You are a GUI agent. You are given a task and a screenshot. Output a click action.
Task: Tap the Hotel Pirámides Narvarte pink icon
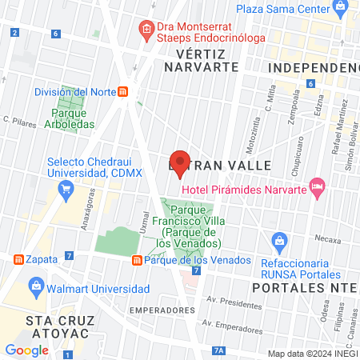(x=317, y=186)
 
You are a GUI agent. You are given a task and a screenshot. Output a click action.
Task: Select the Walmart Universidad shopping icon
(x=35, y=286)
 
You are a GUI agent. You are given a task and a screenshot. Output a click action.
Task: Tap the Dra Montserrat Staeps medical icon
(x=146, y=30)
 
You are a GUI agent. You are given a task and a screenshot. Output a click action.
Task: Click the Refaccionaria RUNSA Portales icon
(x=279, y=240)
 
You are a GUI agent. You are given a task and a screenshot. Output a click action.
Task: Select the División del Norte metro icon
(x=122, y=91)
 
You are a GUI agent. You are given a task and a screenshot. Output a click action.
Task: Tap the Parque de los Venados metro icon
(x=137, y=260)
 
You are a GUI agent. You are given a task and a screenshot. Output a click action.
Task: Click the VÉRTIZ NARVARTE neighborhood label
(x=202, y=60)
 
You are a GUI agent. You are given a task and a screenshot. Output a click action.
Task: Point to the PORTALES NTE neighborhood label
(x=305, y=286)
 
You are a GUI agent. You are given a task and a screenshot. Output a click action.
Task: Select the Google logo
(x=27, y=349)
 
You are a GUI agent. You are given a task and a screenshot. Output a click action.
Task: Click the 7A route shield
(x=219, y=350)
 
